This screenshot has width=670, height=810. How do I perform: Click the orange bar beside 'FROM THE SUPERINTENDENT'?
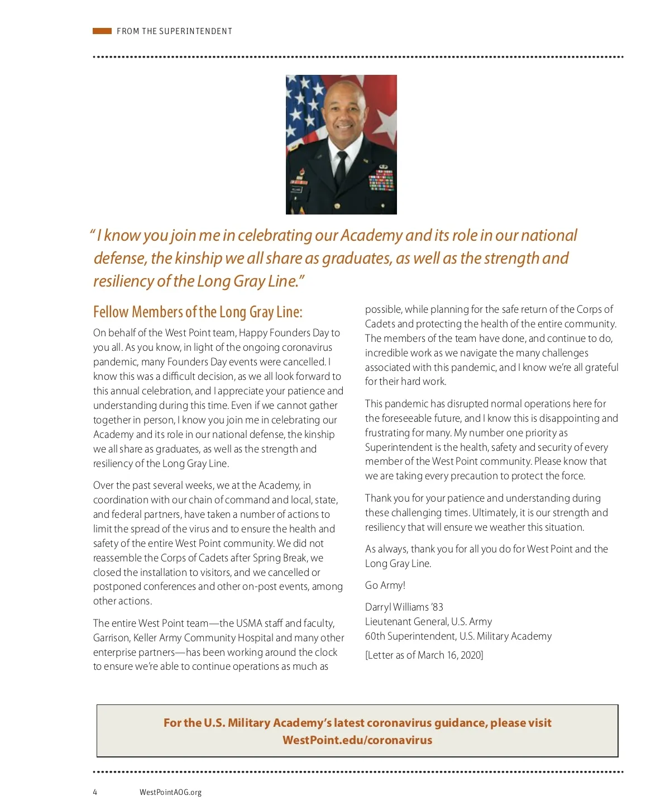click(x=102, y=31)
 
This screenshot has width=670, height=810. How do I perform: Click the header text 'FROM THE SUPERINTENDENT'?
click(x=174, y=31)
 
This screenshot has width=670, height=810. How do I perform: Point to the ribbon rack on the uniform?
click(x=381, y=180)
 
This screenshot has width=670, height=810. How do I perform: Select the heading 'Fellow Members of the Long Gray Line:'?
click(x=198, y=312)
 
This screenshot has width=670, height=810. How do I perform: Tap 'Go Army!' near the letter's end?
click(x=385, y=585)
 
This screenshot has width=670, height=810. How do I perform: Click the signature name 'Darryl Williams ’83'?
click(x=404, y=607)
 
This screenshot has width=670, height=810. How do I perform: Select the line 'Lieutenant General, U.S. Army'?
click(x=429, y=622)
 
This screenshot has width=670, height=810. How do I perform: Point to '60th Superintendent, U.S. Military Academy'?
click(x=458, y=636)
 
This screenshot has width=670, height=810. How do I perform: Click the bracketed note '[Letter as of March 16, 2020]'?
click(x=424, y=655)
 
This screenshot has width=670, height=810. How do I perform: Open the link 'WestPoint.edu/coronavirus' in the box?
click(x=357, y=740)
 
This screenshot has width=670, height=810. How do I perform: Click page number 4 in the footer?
click(x=95, y=792)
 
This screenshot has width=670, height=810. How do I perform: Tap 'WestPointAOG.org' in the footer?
click(x=171, y=792)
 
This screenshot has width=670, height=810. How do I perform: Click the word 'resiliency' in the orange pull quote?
click(x=123, y=281)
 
